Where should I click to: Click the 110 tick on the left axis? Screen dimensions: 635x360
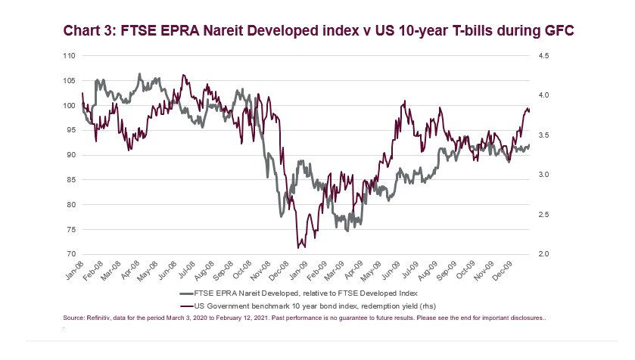tap(69, 56)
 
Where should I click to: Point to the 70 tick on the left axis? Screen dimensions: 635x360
tap(71, 254)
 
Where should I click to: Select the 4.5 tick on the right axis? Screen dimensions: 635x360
tap(543, 56)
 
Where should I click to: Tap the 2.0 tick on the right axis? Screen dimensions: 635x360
tap(543, 254)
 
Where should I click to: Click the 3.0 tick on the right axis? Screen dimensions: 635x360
tap(543, 175)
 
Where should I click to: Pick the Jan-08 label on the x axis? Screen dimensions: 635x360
tap(74, 270)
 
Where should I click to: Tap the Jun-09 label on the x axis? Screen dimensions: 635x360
tap(391, 270)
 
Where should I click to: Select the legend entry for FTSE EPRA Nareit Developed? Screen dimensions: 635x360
tap(299, 293)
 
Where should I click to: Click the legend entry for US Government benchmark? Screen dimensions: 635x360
tap(308, 306)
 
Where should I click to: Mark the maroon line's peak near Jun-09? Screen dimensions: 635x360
tap(404, 101)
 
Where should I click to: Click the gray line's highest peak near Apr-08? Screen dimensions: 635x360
tap(140, 74)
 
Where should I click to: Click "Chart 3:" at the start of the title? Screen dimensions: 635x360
tap(89, 31)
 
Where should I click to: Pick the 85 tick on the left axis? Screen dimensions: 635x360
tap(71, 179)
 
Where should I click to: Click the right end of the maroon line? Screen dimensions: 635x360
tap(529, 111)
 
